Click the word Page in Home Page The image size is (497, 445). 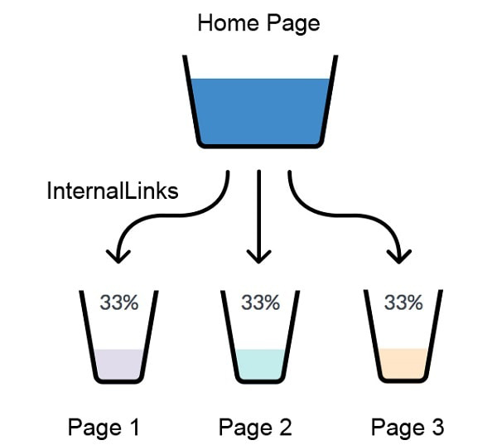292,22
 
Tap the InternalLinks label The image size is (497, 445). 113,191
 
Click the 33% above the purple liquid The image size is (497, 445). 119,302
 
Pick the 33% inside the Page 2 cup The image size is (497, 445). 260,302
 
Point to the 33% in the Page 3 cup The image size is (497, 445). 403,302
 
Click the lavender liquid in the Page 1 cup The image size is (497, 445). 119,364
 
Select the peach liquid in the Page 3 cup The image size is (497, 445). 404,362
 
